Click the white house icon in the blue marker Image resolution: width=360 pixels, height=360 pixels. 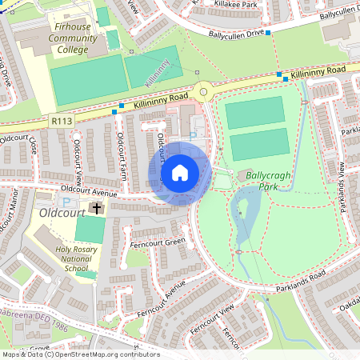[179, 173]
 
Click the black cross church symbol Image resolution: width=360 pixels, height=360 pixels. [98, 209]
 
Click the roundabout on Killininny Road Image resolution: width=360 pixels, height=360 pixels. [206, 93]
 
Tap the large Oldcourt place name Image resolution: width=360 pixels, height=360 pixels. [61, 214]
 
